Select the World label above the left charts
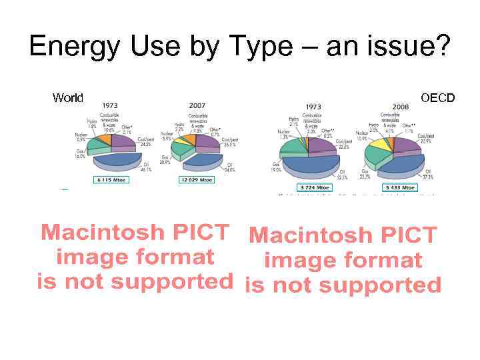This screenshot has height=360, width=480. [x=68, y=98]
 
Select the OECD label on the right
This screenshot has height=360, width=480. [x=438, y=98]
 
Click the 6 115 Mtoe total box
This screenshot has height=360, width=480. [x=115, y=180]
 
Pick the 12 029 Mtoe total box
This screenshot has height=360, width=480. [x=197, y=180]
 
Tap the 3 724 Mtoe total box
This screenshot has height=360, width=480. [x=315, y=187]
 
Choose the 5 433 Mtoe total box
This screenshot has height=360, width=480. [x=399, y=187]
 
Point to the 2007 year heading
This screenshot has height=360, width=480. [x=197, y=106]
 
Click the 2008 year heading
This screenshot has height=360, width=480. [x=401, y=107]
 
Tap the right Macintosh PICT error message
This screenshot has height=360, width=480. [x=343, y=260]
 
